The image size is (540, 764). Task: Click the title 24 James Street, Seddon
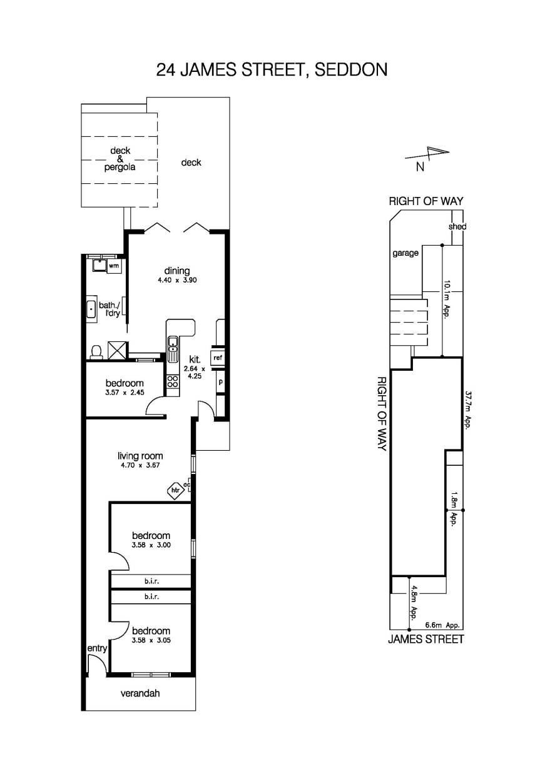(272, 69)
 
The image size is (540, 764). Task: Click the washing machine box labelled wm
(113, 266)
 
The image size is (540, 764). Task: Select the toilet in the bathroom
(96, 352)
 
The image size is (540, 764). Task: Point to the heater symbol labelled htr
(176, 491)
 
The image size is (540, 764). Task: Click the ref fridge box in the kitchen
(217, 358)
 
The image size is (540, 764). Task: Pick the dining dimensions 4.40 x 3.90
(177, 281)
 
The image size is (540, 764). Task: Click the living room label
(140, 456)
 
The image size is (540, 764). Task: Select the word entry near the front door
(97, 649)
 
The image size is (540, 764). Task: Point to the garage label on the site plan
(405, 254)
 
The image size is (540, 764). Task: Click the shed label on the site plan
(457, 226)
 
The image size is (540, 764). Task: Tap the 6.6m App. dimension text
(442, 625)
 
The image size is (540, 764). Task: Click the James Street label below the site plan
(426, 639)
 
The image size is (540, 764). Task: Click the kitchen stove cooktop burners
(173, 381)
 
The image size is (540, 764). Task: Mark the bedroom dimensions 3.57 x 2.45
(125, 393)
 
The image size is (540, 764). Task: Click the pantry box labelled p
(220, 381)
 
